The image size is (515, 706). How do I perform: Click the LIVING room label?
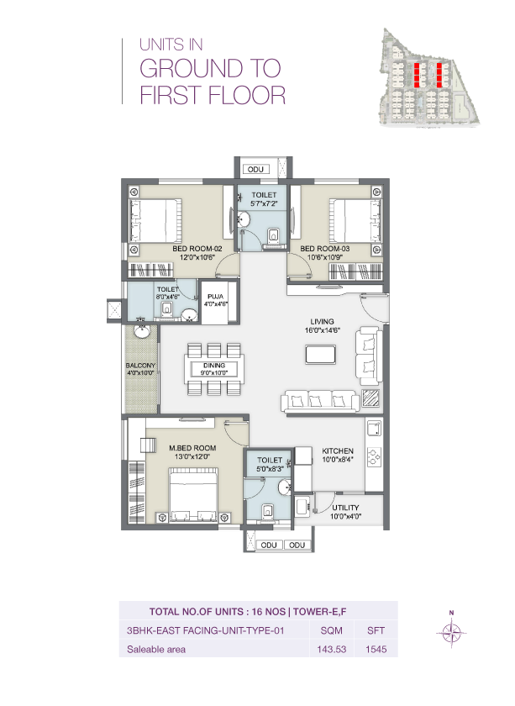click(x=322, y=321)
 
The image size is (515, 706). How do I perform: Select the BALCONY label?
click(x=139, y=366)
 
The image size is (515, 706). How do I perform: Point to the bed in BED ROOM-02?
click(x=156, y=218)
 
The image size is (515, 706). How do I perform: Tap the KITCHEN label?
click(x=339, y=450)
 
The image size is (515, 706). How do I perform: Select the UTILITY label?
click(x=345, y=508)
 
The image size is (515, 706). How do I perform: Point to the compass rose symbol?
click(x=452, y=631)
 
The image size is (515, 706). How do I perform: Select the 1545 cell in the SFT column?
click(x=375, y=649)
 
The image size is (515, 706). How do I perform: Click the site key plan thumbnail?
click(x=428, y=76)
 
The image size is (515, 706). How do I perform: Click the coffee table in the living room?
click(x=320, y=355)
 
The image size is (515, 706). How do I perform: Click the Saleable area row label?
click(x=155, y=649)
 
